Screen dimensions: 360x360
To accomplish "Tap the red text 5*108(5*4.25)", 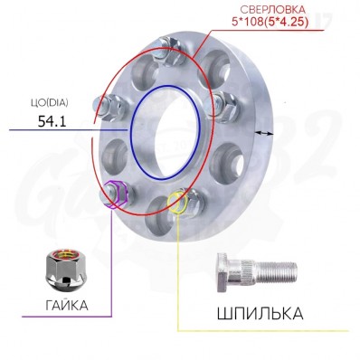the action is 270,23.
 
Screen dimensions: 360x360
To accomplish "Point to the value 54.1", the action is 52,121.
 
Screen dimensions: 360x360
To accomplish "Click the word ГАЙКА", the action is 67,306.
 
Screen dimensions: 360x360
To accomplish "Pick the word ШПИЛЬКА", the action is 260,314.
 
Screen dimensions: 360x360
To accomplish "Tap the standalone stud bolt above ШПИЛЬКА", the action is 257,272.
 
